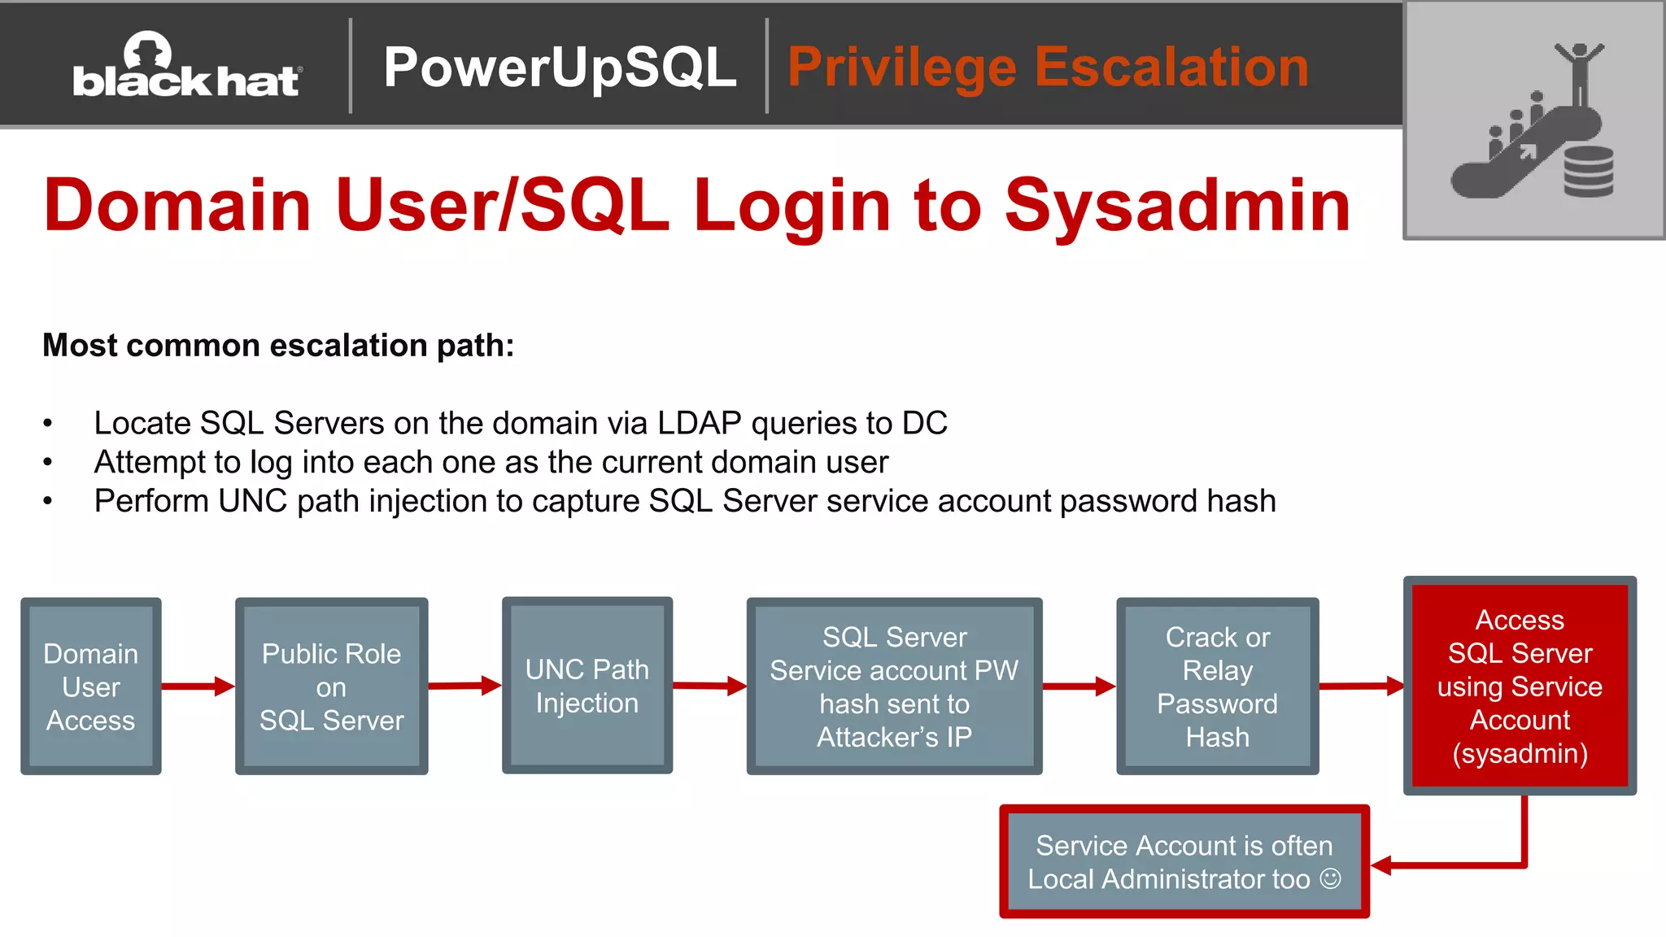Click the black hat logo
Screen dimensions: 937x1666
tap(186, 67)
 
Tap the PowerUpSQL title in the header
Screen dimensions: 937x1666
tap(560, 67)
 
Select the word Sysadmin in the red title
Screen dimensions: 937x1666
tap(1177, 205)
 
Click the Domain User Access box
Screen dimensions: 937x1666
tap(91, 686)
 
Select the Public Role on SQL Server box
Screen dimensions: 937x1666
tap(331, 686)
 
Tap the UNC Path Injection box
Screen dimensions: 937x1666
tap(587, 686)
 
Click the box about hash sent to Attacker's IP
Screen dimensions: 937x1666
tap(894, 686)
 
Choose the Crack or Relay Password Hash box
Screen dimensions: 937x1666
tap(1217, 686)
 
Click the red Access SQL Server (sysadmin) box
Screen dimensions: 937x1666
tap(1520, 686)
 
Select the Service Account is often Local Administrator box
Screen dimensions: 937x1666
tap(1184, 862)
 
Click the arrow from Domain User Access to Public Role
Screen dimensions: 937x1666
tap(198, 686)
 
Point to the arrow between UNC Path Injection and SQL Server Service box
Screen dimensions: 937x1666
tap(709, 686)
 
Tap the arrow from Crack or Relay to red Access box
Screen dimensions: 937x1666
tap(1360, 686)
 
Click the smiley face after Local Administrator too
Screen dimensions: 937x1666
tap(1330, 878)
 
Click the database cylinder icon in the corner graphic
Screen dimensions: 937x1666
tap(1588, 172)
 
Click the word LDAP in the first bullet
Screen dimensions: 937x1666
tap(699, 423)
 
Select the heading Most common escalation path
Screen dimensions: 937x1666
tap(278, 346)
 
